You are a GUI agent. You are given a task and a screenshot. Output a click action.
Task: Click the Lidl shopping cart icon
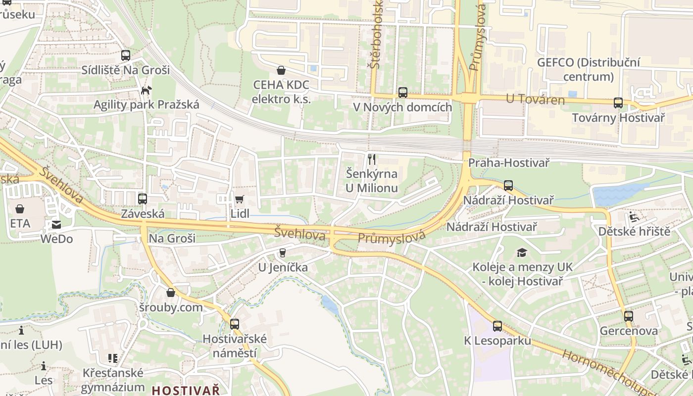point(239,199)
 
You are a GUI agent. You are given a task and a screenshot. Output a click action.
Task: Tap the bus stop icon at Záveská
point(143,199)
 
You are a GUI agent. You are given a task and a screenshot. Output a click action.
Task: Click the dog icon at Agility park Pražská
point(146,90)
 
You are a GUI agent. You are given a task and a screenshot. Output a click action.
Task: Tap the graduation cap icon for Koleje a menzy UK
point(522,253)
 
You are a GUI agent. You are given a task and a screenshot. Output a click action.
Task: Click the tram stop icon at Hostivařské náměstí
point(235,324)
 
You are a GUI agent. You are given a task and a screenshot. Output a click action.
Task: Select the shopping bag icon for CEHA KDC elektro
point(281,70)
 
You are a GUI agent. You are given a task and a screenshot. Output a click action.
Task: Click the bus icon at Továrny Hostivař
point(618,103)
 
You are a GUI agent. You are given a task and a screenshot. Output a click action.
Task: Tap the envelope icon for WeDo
point(56,225)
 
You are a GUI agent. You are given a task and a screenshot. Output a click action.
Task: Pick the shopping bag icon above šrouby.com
point(171,293)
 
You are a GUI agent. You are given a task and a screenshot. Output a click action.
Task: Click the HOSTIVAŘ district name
point(186,390)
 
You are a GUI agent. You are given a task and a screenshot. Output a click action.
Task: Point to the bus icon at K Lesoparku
point(497,326)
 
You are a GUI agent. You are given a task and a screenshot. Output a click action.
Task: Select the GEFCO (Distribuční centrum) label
point(588,70)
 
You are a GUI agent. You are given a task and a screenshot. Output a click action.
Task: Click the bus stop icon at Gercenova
point(629,316)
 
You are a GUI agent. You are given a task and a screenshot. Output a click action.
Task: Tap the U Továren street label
point(535,99)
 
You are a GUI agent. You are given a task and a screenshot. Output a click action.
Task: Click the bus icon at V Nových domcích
point(403,93)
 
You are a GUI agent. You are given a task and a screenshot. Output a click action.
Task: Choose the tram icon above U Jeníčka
point(283,253)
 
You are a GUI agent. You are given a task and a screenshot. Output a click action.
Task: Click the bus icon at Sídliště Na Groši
point(126,55)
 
